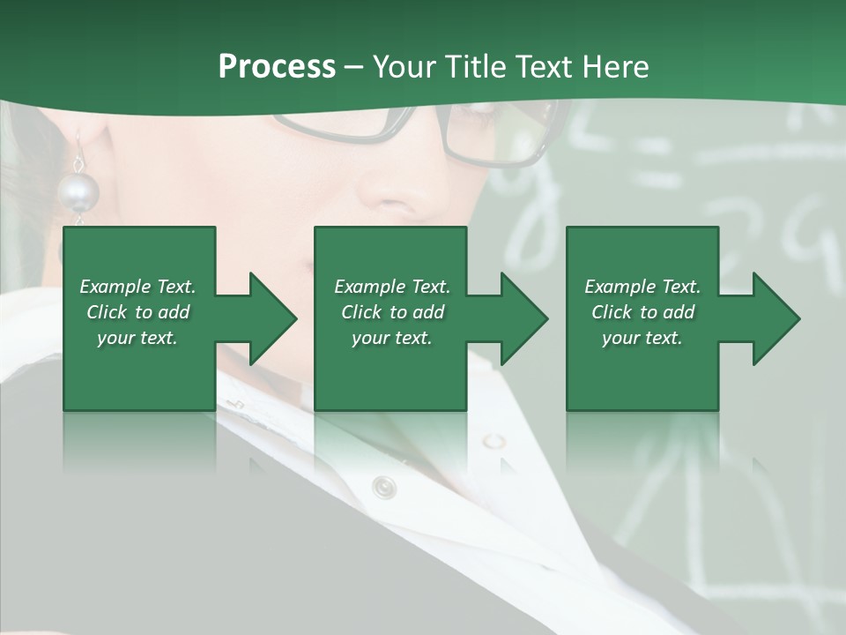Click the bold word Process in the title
pyautogui.click(x=277, y=67)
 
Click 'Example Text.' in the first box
pyautogui.click(x=137, y=287)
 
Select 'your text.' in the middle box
pyautogui.click(x=391, y=338)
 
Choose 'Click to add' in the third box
pyautogui.click(x=642, y=312)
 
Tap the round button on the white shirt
pyautogui.click(x=383, y=486)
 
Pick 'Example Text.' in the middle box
pyautogui.click(x=391, y=287)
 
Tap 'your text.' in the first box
pyautogui.click(x=137, y=338)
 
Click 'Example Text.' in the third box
pyautogui.click(x=642, y=287)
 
